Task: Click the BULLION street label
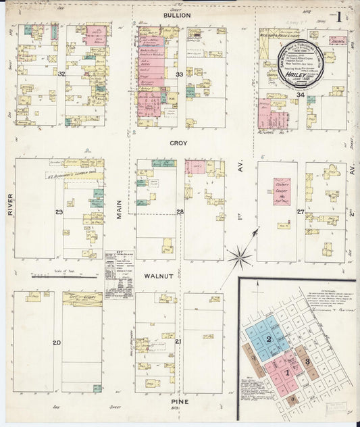click(177, 15)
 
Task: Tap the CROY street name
click(178, 144)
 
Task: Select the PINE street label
click(178, 401)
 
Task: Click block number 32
click(61, 74)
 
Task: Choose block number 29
click(59, 213)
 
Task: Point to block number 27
click(300, 211)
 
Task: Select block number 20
click(57, 343)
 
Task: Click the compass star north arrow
click(240, 255)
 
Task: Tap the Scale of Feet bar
click(64, 276)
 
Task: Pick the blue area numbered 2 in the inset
click(269, 339)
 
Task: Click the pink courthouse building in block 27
click(282, 191)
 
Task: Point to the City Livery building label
click(82, 297)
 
